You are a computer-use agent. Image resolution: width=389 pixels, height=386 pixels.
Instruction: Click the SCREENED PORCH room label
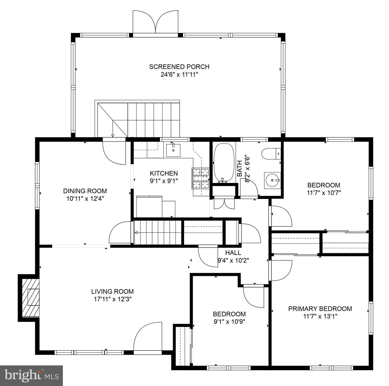point(179,67)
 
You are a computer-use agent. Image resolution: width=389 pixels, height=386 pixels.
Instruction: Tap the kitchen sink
point(173,150)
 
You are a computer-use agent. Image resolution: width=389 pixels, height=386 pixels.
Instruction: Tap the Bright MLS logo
point(31,375)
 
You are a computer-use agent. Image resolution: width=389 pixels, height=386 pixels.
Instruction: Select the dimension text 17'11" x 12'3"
point(113,299)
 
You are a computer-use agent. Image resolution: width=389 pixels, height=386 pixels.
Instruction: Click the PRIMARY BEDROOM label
point(320,309)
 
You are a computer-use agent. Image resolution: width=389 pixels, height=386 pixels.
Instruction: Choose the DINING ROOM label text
point(85,191)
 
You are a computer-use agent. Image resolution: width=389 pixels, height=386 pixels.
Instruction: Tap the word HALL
point(233,253)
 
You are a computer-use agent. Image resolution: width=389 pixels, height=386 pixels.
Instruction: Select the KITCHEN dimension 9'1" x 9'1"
point(164,181)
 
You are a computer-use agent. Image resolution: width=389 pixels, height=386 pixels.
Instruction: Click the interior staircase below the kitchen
point(157,232)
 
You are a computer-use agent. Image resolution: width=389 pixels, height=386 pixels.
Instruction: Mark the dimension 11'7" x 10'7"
point(324,193)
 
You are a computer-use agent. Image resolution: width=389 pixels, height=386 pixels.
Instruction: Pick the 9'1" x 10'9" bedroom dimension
point(229,321)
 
